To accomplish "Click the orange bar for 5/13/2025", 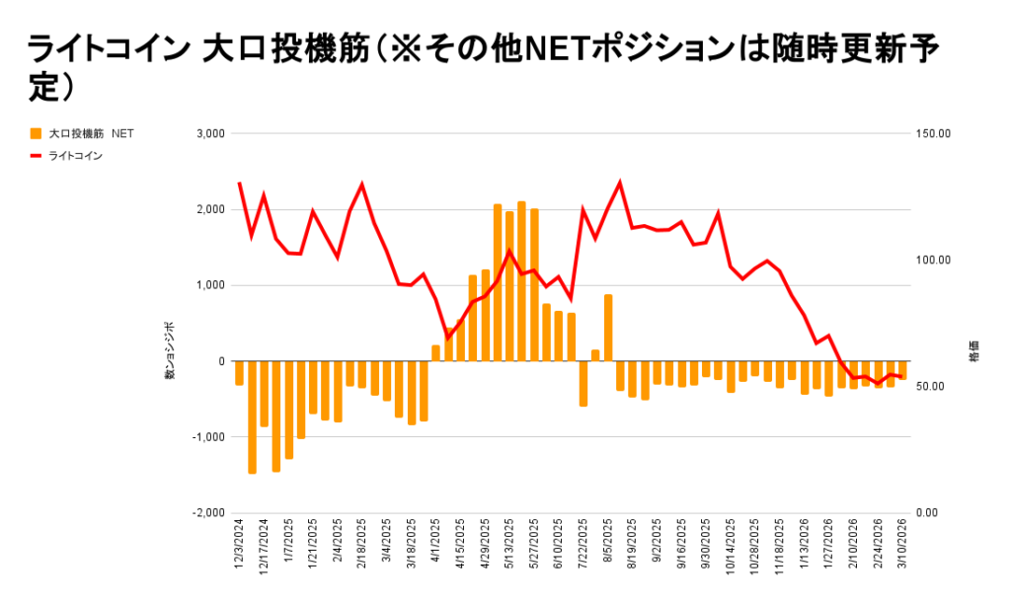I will pos(509,286).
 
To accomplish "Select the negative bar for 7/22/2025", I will pos(583,383).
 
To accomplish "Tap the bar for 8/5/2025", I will pos(608,328).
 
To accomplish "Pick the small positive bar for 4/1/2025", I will pos(435,353).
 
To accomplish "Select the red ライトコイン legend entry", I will pos(75,155).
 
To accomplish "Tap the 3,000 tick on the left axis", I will pos(211,133).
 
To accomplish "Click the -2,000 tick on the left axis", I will pos(208,512).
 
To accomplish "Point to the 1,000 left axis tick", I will pos(211,285).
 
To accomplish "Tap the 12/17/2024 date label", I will pos(264,547).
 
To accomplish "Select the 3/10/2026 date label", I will pos(902,547).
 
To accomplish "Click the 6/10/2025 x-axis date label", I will pos(559,547).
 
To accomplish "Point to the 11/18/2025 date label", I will pos(780,547).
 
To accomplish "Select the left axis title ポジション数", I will pos(169,351).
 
